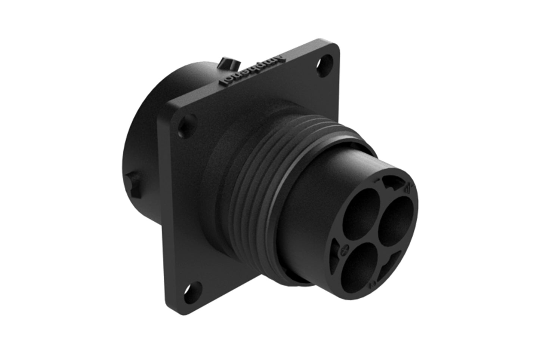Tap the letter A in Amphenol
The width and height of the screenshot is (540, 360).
coord(278,59)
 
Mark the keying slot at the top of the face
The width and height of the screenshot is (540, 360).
coord(391,183)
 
